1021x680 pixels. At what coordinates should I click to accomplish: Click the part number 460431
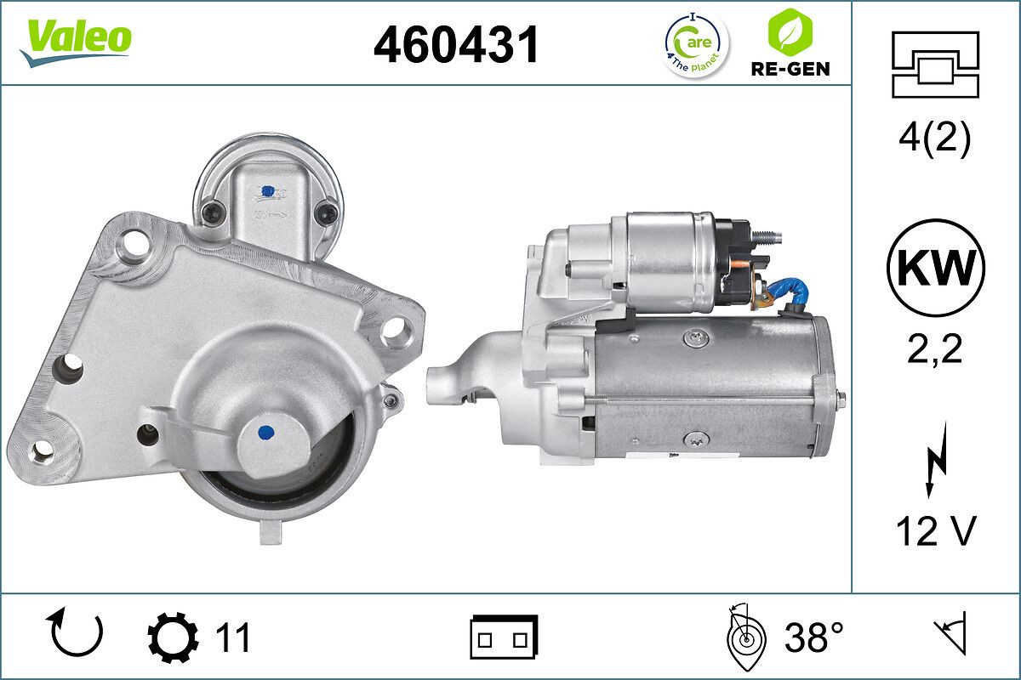tap(456, 43)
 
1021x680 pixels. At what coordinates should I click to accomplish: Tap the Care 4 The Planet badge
tap(696, 43)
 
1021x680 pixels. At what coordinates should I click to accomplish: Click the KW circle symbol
tap(935, 269)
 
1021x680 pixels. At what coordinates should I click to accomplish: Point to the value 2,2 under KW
tap(934, 348)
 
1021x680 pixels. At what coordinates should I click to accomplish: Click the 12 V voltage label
tap(935, 532)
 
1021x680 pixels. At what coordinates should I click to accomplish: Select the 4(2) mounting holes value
tap(934, 139)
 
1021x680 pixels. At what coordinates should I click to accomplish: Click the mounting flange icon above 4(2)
tap(934, 64)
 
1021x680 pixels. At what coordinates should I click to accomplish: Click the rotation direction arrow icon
tap(76, 634)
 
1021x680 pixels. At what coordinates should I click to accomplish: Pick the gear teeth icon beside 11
tap(173, 637)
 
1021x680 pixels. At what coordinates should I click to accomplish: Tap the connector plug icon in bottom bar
tap(504, 637)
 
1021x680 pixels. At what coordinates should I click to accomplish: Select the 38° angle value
tap(813, 637)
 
